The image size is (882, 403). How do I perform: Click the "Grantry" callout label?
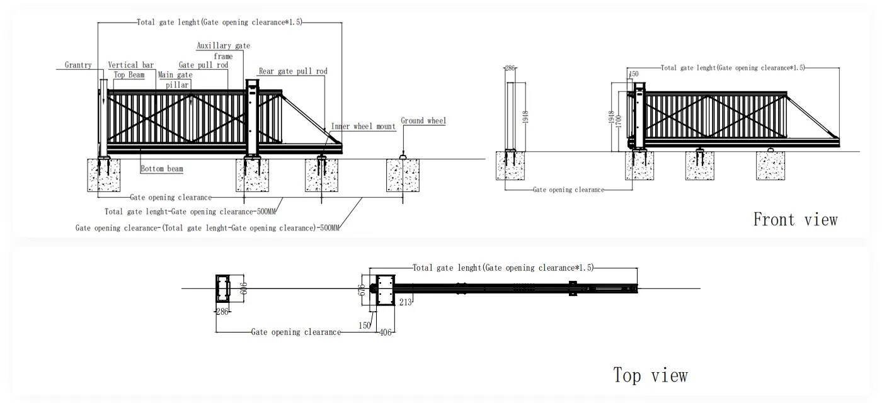(78, 65)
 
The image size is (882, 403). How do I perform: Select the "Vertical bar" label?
(131, 65)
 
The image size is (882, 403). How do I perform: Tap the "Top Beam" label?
(129, 75)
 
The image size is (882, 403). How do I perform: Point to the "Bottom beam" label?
(162, 169)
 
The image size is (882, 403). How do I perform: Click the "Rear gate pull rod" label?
(293, 72)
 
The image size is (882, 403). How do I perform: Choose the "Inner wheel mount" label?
(364, 127)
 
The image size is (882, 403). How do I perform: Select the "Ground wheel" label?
(423, 120)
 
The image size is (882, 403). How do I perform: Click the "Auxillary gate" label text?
(223, 46)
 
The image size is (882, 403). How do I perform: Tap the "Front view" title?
(795, 220)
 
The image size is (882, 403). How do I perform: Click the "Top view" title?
(651, 376)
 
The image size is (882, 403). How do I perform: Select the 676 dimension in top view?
(362, 290)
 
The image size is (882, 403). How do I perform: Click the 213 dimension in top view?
(405, 303)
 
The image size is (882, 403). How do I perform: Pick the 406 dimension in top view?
(386, 332)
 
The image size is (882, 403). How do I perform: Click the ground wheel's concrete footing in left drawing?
(403, 175)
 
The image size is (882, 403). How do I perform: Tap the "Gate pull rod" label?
(203, 65)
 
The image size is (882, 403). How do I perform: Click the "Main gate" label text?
(175, 75)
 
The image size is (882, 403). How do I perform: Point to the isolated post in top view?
(224, 288)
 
